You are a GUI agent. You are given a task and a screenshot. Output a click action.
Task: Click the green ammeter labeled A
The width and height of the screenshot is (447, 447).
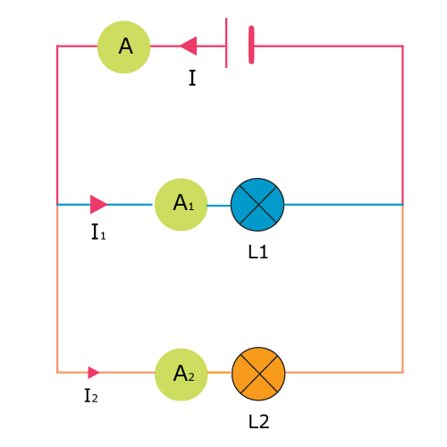click(x=124, y=47)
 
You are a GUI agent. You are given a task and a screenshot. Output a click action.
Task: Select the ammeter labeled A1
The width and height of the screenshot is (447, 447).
click(x=181, y=205)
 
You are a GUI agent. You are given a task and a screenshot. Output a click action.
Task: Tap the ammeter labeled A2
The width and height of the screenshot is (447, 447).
click(x=181, y=375)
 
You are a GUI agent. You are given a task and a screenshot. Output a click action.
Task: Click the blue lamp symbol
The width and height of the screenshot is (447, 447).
click(x=257, y=205)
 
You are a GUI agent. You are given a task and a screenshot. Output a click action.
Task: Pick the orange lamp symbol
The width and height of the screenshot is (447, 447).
click(x=258, y=374)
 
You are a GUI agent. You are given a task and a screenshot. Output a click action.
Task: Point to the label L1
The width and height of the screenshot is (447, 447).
click(x=258, y=252)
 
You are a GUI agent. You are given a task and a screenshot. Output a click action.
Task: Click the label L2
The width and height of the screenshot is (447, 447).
click(x=258, y=422)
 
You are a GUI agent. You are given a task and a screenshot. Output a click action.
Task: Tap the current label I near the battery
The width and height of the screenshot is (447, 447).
click(x=192, y=78)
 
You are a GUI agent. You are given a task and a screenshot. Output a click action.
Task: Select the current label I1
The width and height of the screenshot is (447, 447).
click(x=98, y=232)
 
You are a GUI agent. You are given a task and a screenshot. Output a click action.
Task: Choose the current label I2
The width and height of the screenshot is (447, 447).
click(x=91, y=396)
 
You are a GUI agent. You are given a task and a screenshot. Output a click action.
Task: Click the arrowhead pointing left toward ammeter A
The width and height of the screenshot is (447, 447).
click(x=188, y=46)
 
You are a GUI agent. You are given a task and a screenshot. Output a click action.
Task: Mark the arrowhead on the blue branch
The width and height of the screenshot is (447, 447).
click(x=99, y=205)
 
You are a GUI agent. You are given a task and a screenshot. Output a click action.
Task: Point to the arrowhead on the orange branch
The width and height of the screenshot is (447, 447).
click(x=94, y=373)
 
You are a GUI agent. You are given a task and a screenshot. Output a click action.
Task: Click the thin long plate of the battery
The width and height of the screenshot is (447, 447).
click(x=226, y=43)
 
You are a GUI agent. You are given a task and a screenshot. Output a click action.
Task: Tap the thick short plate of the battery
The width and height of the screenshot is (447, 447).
click(x=251, y=45)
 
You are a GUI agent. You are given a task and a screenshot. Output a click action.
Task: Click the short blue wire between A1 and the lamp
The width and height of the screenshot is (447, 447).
click(x=219, y=206)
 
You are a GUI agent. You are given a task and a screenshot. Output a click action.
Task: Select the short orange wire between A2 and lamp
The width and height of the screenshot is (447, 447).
click(x=219, y=372)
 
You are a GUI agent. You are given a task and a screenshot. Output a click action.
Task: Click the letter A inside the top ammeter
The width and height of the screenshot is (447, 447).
click(x=125, y=46)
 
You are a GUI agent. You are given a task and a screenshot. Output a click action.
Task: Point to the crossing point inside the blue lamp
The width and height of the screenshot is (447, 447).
click(x=257, y=205)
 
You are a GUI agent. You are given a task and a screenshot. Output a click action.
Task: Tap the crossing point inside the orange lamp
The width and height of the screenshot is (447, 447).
click(x=259, y=374)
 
